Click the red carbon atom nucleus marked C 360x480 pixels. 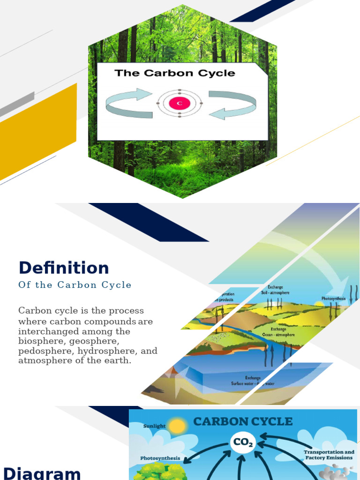[180, 103]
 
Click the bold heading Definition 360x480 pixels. [64, 268]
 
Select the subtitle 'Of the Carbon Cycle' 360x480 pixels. [75, 285]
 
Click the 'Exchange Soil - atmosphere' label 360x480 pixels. [275, 290]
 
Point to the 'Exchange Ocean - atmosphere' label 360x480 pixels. [276, 332]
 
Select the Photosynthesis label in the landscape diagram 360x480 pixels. [333, 299]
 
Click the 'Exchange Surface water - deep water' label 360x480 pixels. [253, 381]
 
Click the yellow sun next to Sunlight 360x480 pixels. [178, 426]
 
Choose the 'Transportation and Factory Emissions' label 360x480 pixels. [329, 455]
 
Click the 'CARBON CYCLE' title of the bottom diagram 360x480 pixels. [243, 421]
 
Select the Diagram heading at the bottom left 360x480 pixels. [42, 472]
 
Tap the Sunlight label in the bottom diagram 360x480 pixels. [154, 426]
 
